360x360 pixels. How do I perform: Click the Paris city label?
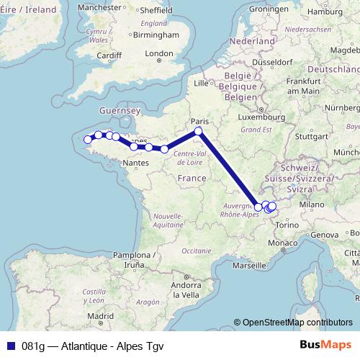(198, 121)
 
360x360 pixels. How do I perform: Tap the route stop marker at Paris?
(199, 131)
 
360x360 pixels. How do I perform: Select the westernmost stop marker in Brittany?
(89, 140)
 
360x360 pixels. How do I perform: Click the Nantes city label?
(135, 163)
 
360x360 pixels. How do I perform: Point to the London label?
(159, 53)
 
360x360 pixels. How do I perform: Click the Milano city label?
(312, 204)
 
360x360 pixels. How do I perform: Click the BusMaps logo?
(325, 344)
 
